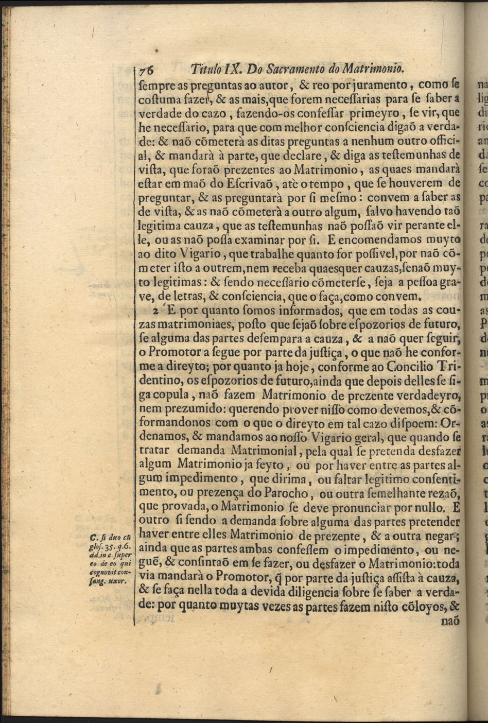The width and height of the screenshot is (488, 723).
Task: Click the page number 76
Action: point(147,69)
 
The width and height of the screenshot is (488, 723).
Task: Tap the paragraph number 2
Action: point(155,311)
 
